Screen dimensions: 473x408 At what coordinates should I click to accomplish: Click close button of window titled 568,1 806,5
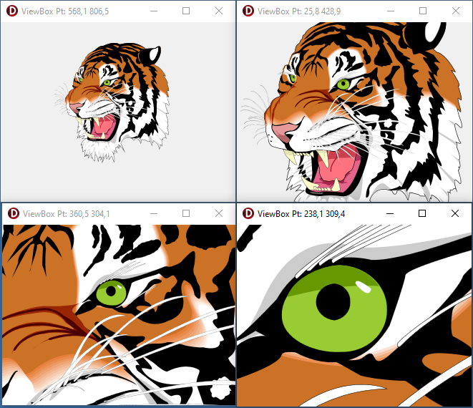point(219,11)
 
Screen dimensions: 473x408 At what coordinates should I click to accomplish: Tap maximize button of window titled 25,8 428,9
point(423,11)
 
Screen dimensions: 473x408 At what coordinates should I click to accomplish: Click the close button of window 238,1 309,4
point(455,213)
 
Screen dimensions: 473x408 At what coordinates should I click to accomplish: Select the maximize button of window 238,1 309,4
point(422,213)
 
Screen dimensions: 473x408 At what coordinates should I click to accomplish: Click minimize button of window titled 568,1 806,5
point(154,11)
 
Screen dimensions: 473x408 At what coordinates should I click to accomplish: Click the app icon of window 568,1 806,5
point(12,11)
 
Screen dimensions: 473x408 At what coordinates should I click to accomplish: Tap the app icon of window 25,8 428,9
point(248,11)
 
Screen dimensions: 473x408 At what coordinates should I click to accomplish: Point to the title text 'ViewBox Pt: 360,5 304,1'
point(67,214)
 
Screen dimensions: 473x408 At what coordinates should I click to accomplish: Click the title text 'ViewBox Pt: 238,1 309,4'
point(301,214)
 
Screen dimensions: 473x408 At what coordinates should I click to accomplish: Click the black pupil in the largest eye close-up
point(333,302)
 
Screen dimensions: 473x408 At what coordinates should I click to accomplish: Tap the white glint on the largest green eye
point(364,287)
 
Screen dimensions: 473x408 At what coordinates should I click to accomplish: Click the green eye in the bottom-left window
point(112,293)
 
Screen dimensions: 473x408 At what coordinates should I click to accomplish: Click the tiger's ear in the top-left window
point(151,55)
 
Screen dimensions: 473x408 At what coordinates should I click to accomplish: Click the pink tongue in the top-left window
point(104,126)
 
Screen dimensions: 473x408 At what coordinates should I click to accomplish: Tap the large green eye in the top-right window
point(343,84)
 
